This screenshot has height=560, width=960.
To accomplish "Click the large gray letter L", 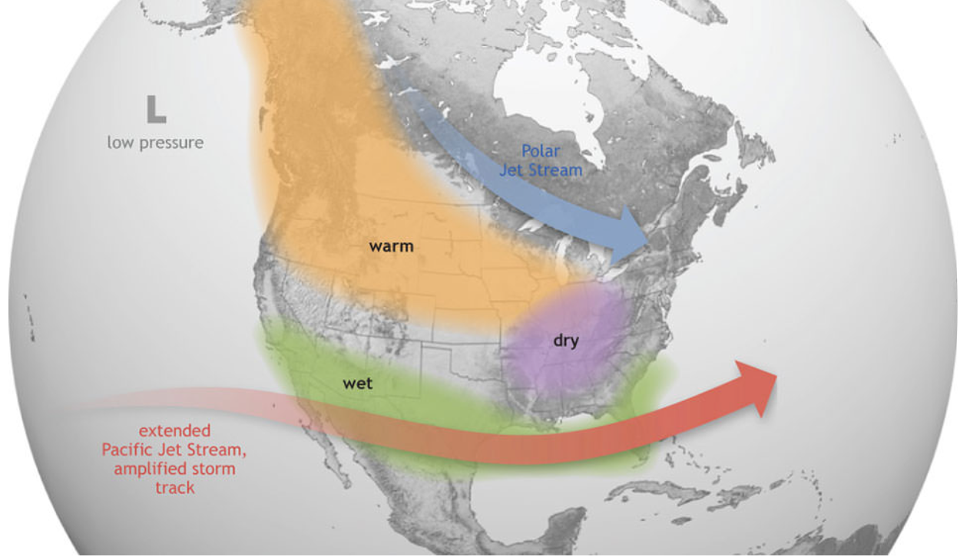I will [x=156, y=109].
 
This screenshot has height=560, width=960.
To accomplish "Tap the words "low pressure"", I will [x=155, y=143].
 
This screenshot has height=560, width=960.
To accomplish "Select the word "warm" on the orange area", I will [x=391, y=246].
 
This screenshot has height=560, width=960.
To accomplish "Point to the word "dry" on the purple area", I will [x=566, y=341].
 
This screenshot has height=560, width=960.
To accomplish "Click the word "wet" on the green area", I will [x=357, y=383].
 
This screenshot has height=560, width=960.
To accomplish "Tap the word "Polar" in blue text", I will [x=541, y=151].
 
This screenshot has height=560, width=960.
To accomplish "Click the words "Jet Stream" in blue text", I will [x=541, y=170].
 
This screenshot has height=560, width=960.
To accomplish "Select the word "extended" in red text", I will [x=174, y=431].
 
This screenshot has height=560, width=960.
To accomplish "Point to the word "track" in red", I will [x=174, y=487].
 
